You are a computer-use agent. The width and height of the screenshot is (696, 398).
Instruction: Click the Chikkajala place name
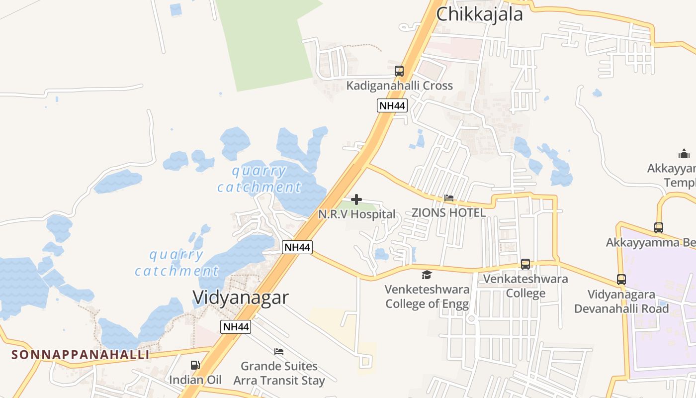[479, 14]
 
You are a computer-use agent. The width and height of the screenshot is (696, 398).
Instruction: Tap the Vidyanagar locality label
[240, 298]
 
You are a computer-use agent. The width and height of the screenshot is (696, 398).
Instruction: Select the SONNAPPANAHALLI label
[80, 355]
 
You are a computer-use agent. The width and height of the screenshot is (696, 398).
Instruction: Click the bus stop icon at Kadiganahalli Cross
[399, 71]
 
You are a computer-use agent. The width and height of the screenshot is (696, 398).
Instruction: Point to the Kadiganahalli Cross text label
[399, 86]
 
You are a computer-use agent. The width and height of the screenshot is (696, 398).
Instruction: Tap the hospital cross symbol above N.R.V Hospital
[356, 200]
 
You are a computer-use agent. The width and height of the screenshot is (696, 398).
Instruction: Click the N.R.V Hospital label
[356, 214]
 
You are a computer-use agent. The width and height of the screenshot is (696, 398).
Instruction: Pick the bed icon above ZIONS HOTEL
[448, 198]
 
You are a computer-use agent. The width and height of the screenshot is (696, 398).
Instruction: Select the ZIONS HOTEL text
[448, 213]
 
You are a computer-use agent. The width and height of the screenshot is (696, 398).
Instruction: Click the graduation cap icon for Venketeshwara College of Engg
[427, 275]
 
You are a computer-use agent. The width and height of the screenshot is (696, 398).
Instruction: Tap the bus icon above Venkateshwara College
[525, 264]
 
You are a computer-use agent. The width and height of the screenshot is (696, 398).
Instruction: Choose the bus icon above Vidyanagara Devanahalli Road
[621, 280]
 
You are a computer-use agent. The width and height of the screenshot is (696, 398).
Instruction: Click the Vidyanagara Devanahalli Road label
[621, 301]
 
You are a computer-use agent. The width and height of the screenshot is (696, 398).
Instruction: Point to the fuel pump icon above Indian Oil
[195, 365]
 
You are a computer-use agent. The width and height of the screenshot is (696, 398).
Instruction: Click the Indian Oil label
[195, 380]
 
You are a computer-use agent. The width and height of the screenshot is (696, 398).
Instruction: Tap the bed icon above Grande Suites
[279, 352]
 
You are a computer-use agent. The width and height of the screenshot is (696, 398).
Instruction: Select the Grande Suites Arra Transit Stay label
[279, 374]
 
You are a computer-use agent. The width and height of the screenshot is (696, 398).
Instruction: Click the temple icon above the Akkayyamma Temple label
[684, 154]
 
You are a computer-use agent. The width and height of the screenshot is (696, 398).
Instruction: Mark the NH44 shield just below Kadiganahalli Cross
[392, 105]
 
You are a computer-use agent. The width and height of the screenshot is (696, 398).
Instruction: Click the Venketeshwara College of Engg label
[427, 297]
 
